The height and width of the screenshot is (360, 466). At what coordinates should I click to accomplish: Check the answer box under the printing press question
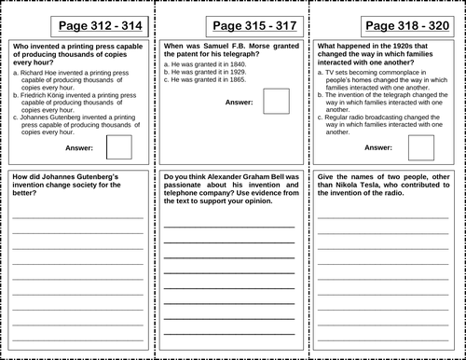point(118,147)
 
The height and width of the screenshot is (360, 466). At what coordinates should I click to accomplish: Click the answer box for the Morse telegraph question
point(276,101)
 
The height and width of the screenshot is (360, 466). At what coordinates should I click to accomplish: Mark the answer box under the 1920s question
point(421,147)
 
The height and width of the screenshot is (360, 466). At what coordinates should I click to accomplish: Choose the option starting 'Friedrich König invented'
point(75,104)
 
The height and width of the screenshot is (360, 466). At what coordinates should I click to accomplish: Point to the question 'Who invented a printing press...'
point(75,54)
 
